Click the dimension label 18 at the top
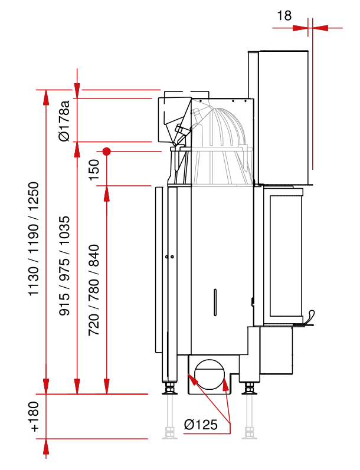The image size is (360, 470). [x=284, y=15]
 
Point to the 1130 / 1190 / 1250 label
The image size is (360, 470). [x=35, y=239]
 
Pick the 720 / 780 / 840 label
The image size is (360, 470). [x=94, y=290]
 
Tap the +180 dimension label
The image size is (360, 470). [x=35, y=416]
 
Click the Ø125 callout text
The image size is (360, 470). [x=201, y=424]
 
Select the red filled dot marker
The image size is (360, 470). [x=106, y=152]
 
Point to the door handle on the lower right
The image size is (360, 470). [x=309, y=318]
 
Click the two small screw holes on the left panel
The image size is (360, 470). [x=169, y=257]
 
